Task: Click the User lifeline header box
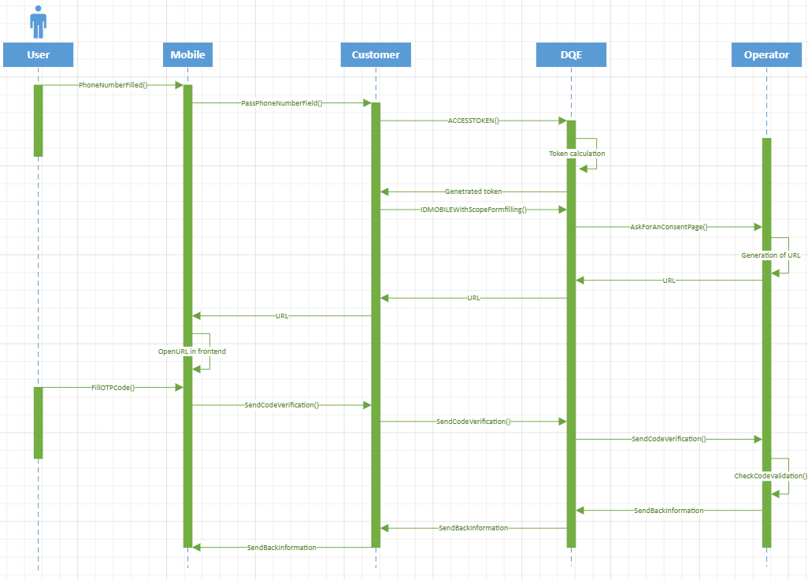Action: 38,54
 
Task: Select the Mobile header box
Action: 187,54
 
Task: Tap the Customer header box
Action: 376,54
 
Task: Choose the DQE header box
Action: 571,54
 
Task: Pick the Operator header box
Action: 766,54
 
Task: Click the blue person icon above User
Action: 38,22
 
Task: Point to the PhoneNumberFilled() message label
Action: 113,85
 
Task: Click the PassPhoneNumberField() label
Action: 282,103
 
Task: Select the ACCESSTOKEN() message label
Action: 473,121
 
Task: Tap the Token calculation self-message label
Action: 576,154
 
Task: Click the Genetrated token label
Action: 473,191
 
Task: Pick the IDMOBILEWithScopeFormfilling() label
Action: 473,210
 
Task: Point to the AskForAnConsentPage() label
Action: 669,227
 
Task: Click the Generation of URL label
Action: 771,255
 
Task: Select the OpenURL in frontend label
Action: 191,351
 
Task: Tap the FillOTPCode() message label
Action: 113,387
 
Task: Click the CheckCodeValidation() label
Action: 771,476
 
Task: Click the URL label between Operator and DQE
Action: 669,281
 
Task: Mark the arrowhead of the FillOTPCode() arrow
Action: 180,387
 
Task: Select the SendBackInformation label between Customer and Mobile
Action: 282,548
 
